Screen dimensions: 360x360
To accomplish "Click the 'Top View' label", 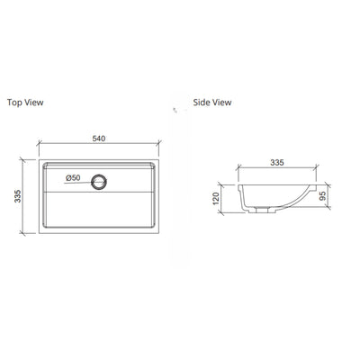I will pyautogui.click(x=24, y=103).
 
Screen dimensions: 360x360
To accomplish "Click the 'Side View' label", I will pyautogui.click(x=212, y=103).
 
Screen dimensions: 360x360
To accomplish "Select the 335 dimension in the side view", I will pyautogui.click(x=277, y=164).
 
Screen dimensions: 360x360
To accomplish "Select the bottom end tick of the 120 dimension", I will pyautogui.click(x=226, y=214).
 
